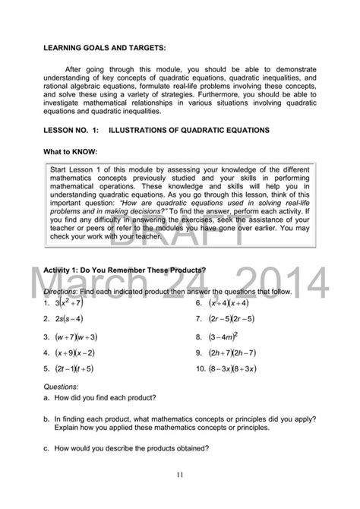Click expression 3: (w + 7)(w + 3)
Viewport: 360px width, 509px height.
tap(78, 336)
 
